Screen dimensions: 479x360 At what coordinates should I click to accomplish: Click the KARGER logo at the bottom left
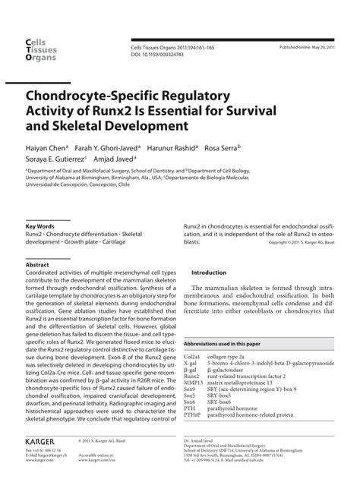tap(45, 440)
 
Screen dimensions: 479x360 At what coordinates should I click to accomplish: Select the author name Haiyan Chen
tap(45, 149)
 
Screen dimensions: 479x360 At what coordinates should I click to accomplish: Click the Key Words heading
tap(40, 227)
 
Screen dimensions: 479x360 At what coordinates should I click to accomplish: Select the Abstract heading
tap(38, 266)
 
